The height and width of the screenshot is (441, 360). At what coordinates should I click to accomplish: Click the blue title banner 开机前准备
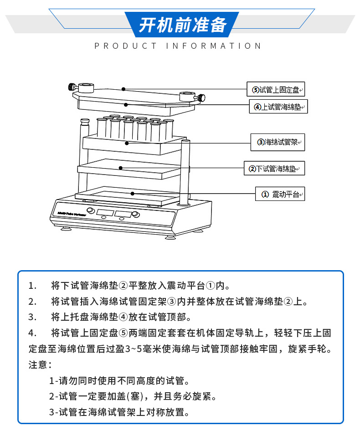(182, 25)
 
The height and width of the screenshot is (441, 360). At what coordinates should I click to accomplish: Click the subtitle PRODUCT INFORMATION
(178, 46)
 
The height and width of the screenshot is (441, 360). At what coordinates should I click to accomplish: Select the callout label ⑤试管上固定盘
(276, 90)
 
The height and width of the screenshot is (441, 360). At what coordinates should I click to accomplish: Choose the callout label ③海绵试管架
(278, 142)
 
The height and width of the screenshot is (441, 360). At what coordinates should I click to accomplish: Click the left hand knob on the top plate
(72, 87)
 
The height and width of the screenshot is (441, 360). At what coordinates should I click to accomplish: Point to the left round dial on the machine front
(91, 211)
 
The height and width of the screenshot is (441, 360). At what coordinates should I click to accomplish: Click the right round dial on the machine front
(135, 215)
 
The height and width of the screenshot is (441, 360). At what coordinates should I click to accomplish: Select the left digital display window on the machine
(105, 212)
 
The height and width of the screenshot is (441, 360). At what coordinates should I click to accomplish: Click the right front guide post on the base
(185, 173)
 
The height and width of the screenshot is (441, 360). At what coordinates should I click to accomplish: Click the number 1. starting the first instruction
(32, 286)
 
